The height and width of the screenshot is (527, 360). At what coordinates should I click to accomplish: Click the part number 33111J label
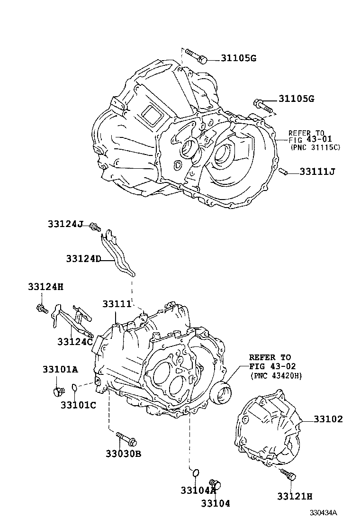tap(317, 172)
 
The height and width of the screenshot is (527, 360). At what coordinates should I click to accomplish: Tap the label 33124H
tap(45, 286)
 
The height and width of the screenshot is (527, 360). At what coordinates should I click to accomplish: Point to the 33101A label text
tap(60, 369)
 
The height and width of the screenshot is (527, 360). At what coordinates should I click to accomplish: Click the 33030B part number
tap(123, 454)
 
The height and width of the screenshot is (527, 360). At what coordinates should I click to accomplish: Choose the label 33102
tap(328, 419)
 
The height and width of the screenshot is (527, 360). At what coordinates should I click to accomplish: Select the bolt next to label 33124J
tap(96, 227)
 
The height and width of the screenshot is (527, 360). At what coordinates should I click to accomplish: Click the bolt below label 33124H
tap(41, 309)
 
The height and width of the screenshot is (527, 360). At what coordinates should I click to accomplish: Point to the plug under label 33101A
tap(58, 391)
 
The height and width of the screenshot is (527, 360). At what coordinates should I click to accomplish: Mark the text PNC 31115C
tap(315, 147)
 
